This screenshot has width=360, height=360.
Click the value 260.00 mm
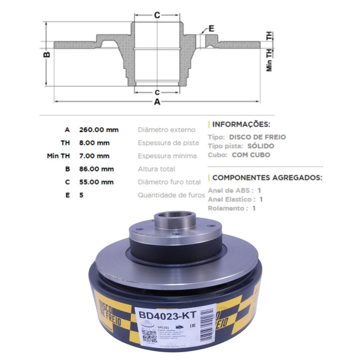pyautogui.click(x=98, y=130)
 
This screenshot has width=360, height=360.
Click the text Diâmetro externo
pyautogui.click(x=166, y=130)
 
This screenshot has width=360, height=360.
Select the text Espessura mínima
pyautogui.click(x=167, y=156)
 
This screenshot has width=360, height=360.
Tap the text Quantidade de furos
pyautogui.click(x=172, y=195)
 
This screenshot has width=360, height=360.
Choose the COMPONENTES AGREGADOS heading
pyautogui.click(x=267, y=178)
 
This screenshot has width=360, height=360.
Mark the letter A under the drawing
pyautogui.click(x=157, y=102)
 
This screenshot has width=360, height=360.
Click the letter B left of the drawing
pyautogui.click(x=46, y=55)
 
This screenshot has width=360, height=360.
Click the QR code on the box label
pyautogui.click(x=149, y=335)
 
